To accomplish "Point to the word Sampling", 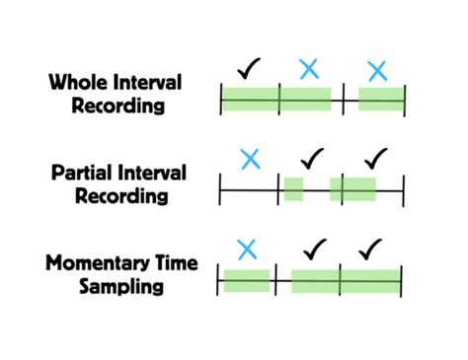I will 121,287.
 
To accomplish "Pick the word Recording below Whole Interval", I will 117,105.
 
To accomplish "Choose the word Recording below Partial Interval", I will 117,196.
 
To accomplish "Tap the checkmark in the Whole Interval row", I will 251,68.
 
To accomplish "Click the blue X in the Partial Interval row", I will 251,159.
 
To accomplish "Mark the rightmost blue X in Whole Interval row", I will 376,71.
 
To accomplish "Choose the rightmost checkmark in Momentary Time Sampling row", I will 371,249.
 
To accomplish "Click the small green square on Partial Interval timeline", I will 293,189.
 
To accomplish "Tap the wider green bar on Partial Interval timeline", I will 353,189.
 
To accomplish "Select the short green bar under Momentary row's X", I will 246,281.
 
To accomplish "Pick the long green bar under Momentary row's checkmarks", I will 346,281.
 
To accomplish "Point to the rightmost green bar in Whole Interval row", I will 380,99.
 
